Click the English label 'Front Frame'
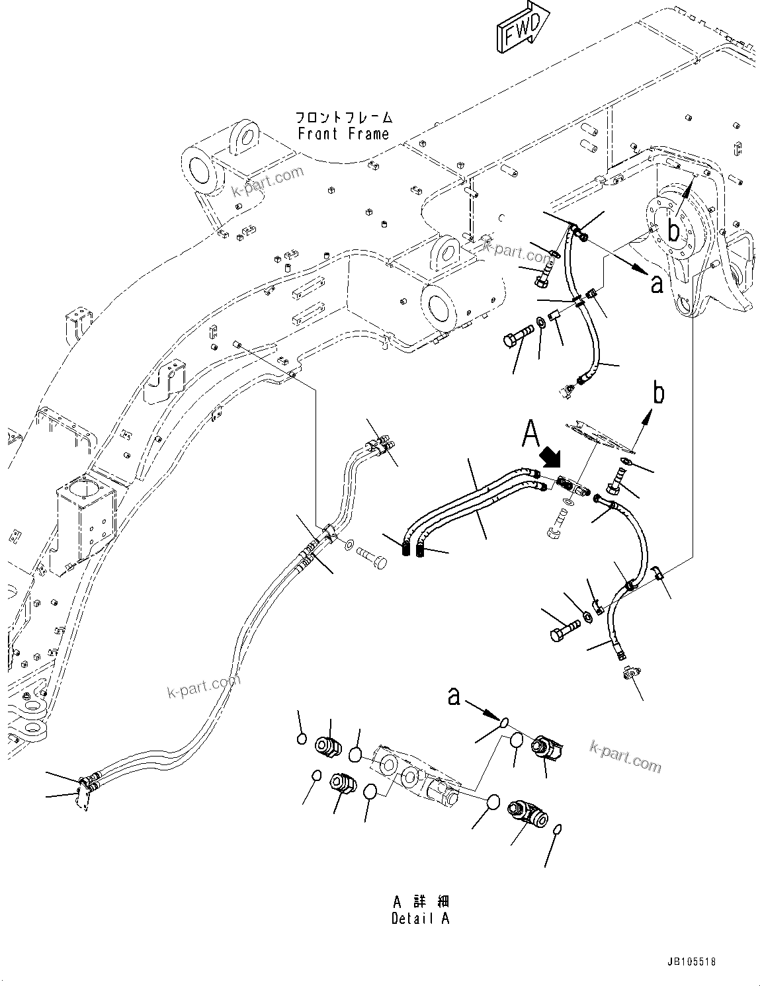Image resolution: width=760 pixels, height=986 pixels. point(343,134)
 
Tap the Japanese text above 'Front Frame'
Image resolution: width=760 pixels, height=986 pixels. point(343,118)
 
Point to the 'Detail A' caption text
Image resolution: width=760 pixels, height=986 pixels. point(420,919)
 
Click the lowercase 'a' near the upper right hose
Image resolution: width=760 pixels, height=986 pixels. point(656,284)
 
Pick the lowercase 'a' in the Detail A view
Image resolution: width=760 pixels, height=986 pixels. point(454,696)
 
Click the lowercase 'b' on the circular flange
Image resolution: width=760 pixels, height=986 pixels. point(673,231)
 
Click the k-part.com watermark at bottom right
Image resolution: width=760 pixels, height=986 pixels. point(625,757)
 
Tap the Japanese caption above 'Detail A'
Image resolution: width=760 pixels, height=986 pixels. point(420,902)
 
